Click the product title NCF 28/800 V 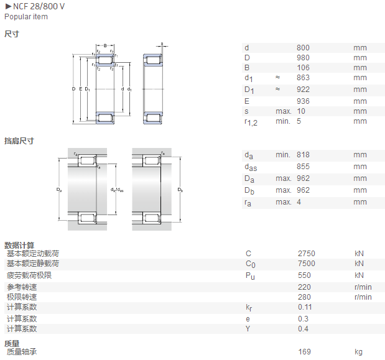coord(39,6)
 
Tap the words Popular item coord(26,17)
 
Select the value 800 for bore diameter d coord(303,48)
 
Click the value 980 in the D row coord(303,58)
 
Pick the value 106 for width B coord(303,68)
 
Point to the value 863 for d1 coord(303,78)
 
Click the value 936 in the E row coord(303,101)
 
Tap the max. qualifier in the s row coord(284,111)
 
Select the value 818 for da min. coord(303,155)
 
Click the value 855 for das coord(303,167)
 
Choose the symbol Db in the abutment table coord(249,191)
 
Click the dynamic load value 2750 coord(307,253)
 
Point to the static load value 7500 coord(307,263)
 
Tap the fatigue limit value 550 coord(304,275)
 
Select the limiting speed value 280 coord(304,297)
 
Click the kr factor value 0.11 coord(305,307)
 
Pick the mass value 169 coord(305,352)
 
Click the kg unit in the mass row coord(358,352)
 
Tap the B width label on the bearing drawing coord(105,45)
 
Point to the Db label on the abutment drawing coord(180,190)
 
